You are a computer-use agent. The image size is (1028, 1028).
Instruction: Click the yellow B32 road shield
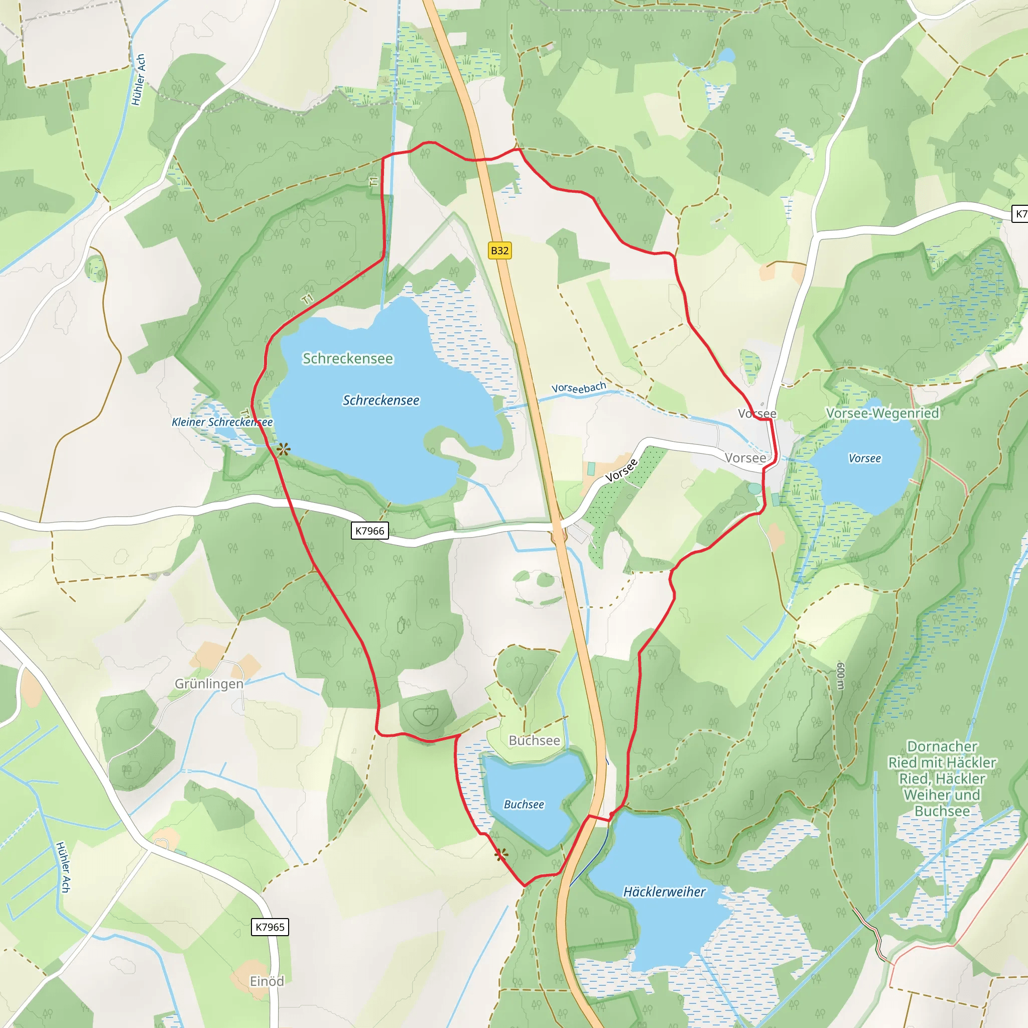point(499,250)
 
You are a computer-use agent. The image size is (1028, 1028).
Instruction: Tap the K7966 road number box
point(370,531)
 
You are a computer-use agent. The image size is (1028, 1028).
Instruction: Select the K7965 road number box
point(270,927)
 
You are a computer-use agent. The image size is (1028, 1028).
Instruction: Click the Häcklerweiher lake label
point(664,892)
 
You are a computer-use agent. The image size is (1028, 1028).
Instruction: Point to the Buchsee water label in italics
point(524,805)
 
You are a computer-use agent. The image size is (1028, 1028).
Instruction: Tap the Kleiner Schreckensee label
point(222,422)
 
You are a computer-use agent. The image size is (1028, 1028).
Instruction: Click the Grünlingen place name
point(209,684)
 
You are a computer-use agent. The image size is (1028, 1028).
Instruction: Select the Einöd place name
point(267,981)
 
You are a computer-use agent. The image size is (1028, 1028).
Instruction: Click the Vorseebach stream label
point(578,388)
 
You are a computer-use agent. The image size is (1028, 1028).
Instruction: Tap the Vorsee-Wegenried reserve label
point(882,413)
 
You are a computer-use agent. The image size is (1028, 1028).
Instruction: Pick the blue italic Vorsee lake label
point(865,458)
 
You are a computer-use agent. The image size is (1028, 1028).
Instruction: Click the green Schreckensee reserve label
point(348,358)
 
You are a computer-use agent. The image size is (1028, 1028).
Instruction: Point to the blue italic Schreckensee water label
point(381,400)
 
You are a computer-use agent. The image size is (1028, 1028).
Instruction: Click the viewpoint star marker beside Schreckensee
point(284,449)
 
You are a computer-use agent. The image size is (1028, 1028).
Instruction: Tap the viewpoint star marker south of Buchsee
point(500,855)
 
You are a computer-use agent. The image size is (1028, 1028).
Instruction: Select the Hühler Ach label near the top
point(139,80)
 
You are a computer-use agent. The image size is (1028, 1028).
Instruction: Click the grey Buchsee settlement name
point(534,741)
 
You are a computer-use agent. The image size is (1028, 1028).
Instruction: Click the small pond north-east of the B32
point(726,55)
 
